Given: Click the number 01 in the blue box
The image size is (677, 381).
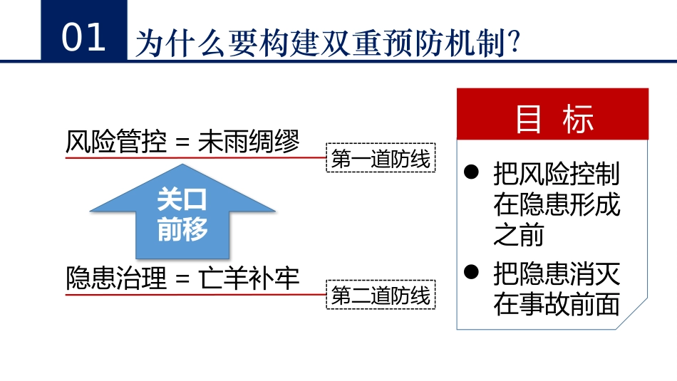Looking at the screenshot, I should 83,37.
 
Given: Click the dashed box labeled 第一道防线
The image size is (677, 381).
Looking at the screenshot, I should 381,159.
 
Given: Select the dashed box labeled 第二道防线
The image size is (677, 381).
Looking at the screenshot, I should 381,294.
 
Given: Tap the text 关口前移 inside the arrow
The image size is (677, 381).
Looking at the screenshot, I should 182,214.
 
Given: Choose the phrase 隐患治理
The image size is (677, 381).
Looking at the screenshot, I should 116,277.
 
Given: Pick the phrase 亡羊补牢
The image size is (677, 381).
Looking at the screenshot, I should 249,277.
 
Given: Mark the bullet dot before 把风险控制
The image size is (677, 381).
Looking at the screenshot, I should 470,172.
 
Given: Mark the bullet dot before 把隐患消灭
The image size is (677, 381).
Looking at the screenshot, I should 470,272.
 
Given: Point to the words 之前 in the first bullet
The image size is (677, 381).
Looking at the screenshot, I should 519,234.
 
